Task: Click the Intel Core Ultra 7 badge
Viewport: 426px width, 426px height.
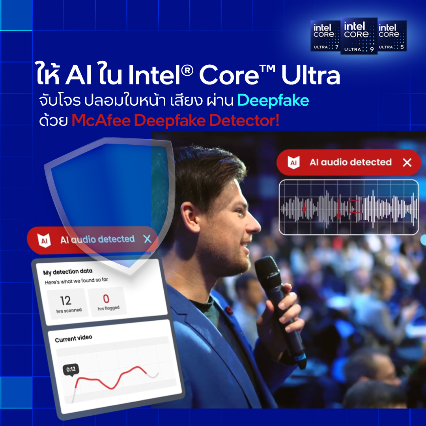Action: tap(325, 35)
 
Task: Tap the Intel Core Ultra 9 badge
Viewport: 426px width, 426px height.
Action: tap(359, 36)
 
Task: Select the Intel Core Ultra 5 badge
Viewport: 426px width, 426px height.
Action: tap(392, 35)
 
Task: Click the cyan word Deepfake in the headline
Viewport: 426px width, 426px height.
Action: tap(273, 100)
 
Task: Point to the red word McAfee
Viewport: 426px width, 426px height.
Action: tap(101, 120)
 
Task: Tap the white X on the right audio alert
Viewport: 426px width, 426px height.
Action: tap(407, 163)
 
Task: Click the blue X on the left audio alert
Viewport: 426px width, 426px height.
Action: tap(147, 239)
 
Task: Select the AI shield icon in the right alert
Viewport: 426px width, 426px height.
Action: tap(293, 163)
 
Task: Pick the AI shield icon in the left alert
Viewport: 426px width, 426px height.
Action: tap(44, 240)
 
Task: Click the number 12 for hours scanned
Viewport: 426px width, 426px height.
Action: tap(65, 301)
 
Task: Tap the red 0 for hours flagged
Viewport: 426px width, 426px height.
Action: tap(106, 299)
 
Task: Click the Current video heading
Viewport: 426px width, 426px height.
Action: tap(73, 338)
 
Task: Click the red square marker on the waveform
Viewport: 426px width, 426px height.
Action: tap(355, 206)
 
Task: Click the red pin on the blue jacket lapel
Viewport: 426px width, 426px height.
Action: tap(229, 310)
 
